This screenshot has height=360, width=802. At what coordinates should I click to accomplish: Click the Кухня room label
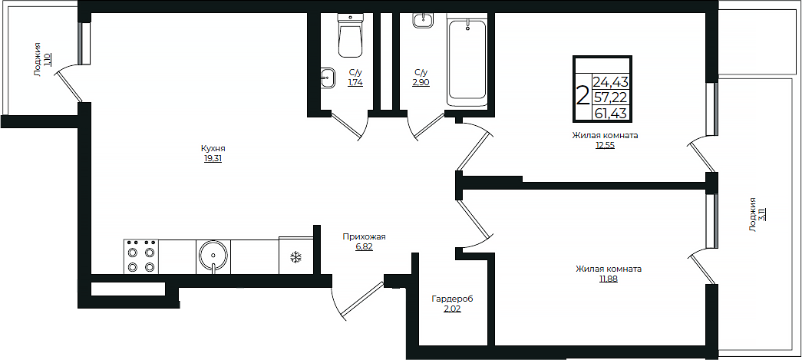point(213,148)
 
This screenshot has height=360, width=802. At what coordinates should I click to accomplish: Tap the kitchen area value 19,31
point(213,159)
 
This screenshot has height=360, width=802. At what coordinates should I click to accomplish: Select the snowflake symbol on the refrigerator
point(295,256)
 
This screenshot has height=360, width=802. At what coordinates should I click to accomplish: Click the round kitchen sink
point(213,256)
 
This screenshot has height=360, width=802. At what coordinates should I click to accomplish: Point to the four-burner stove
point(141,256)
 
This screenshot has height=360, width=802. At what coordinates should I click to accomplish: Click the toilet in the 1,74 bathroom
point(351,36)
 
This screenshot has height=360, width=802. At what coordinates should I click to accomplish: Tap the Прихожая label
point(364,236)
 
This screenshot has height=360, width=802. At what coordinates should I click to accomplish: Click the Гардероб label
point(452,299)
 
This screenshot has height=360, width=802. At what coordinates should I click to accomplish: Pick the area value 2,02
point(452,309)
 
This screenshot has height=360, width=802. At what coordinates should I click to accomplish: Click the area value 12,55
point(605,145)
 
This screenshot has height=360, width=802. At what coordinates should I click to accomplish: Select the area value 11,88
point(609,279)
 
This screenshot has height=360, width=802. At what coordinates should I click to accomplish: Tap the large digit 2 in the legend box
point(583,96)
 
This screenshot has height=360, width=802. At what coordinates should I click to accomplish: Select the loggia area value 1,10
point(47,59)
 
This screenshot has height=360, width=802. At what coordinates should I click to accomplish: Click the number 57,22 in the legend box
point(611,97)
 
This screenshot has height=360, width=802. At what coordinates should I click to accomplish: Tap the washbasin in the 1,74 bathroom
point(328,78)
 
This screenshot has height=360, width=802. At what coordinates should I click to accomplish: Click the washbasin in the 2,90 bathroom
point(422,21)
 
